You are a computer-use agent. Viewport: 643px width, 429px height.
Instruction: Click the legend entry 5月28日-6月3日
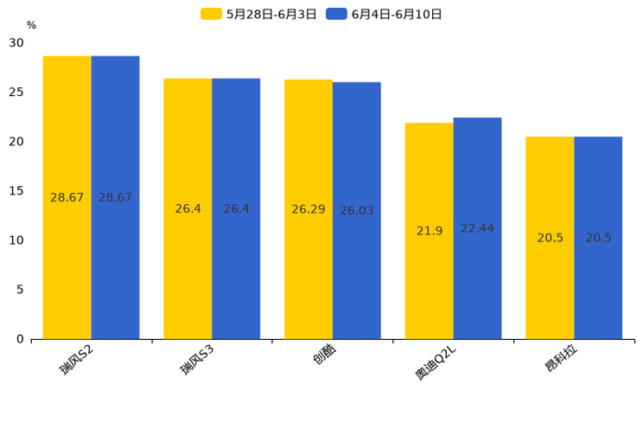point(260,14)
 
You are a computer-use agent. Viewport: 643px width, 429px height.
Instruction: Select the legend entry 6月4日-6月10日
point(385,14)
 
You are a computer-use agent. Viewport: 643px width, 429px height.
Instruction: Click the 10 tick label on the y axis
point(17,240)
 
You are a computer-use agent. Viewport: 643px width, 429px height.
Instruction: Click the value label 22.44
point(477,228)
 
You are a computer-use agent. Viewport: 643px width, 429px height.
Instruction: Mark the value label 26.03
point(357,210)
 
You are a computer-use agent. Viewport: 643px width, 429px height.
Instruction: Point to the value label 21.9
point(430,231)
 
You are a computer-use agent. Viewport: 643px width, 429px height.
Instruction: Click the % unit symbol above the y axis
point(31,26)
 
